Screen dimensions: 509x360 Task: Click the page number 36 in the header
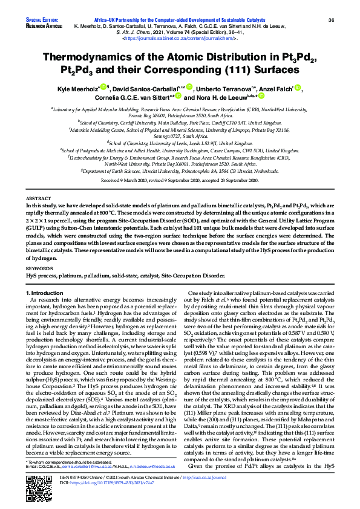(331, 20)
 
